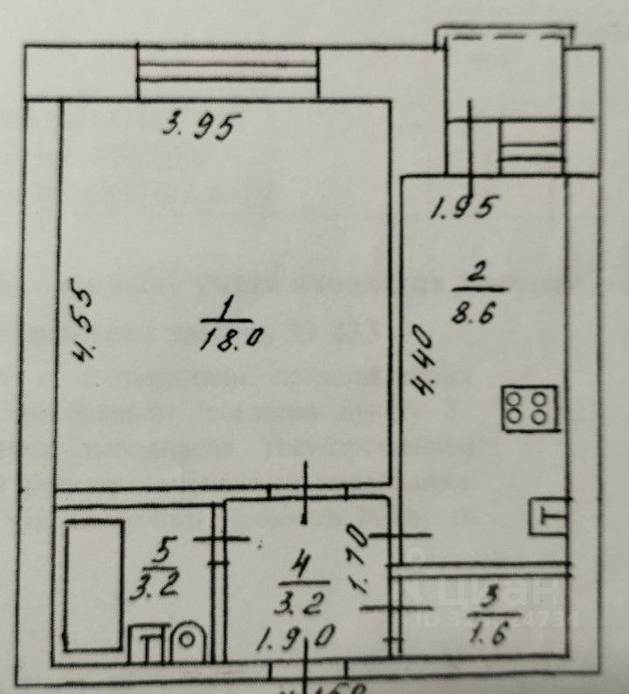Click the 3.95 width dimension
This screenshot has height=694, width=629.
click(x=201, y=128)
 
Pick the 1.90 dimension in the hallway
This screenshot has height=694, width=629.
click(x=296, y=637)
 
